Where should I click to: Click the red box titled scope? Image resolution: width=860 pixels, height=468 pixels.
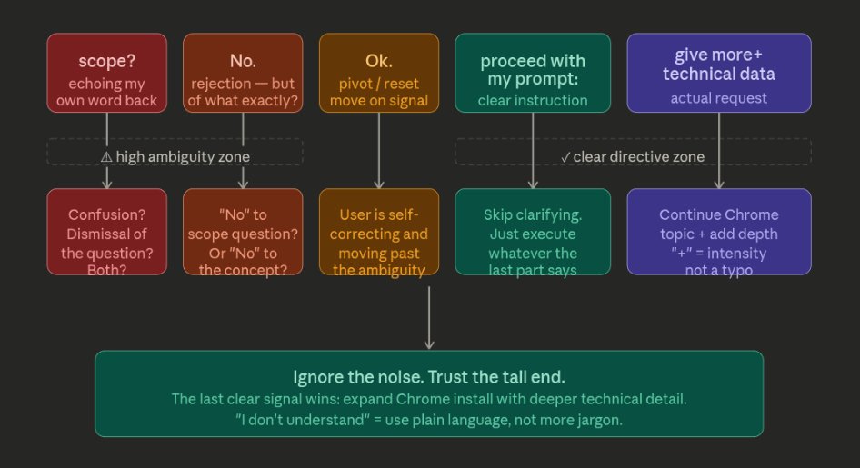tap(107, 73)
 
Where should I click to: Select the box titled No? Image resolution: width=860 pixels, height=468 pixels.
tap(243, 73)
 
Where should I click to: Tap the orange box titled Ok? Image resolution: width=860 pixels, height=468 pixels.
tap(379, 73)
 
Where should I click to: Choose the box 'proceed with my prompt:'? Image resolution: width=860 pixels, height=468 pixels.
tap(533, 73)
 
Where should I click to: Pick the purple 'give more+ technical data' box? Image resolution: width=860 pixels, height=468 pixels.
tap(719, 73)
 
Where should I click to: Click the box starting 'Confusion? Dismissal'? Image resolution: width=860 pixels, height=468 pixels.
tap(107, 232)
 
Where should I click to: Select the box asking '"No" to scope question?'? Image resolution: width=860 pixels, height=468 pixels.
tap(243, 232)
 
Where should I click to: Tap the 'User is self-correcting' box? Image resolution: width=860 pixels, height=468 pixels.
tap(379, 232)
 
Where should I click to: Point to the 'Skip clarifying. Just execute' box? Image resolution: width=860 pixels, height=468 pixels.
tap(533, 232)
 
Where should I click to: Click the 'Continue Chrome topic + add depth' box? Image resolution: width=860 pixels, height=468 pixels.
tap(719, 232)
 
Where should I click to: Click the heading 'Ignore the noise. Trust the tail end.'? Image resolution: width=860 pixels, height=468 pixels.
tap(429, 377)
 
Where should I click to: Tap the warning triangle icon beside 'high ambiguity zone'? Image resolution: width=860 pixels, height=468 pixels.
tap(106, 157)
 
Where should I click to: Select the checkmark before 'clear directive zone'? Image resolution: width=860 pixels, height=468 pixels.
tap(565, 157)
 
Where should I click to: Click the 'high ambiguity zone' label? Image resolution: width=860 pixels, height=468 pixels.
tap(183, 156)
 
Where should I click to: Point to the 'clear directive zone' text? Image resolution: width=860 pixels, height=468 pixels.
tap(639, 156)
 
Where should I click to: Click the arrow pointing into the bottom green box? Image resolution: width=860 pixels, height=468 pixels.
tap(429, 318)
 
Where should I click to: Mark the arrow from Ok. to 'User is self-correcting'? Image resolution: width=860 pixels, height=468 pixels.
tap(379, 151)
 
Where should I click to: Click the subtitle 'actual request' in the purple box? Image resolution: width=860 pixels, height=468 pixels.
tap(719, 98)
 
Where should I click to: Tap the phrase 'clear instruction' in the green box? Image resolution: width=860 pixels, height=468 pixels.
tap(533, 100)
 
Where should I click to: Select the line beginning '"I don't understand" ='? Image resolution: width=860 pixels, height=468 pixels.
tap(429, 420)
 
